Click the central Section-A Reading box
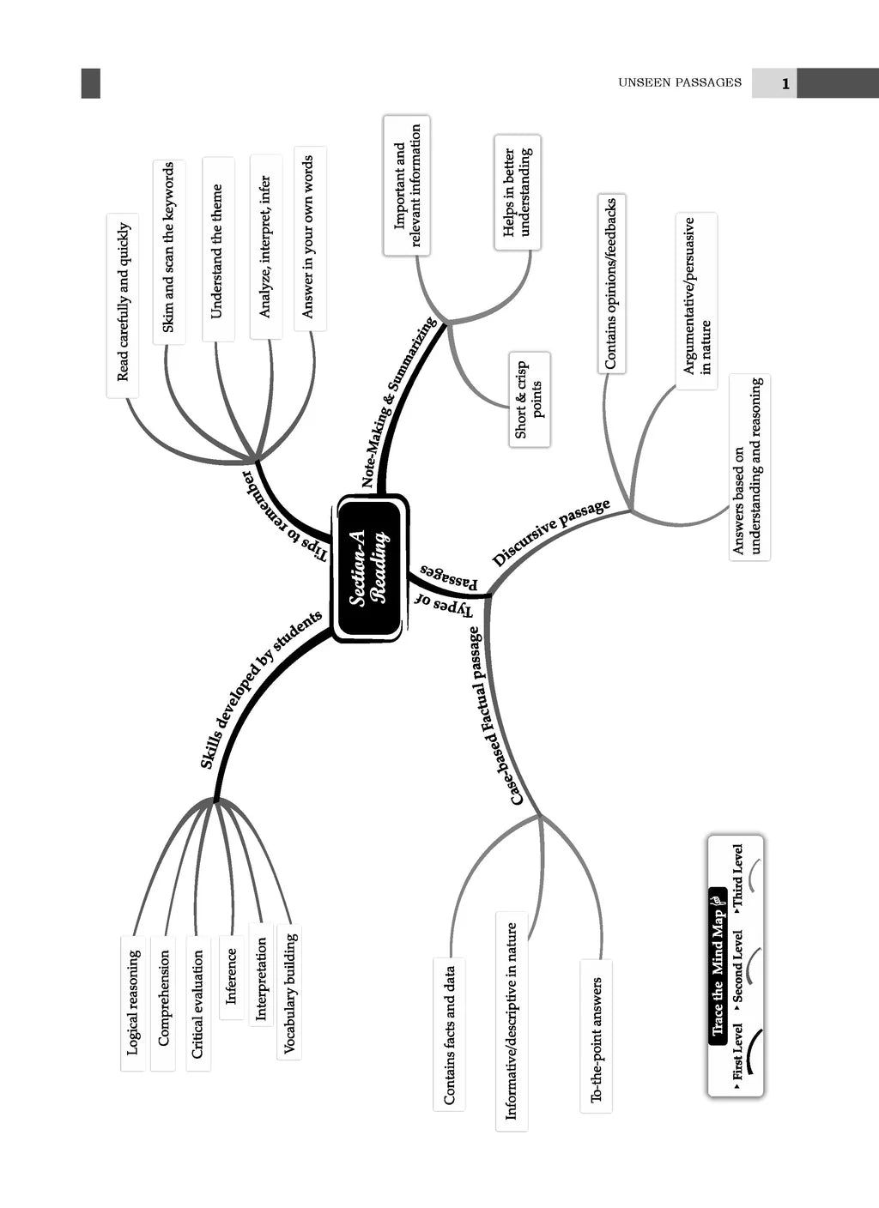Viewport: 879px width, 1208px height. pos(370,568)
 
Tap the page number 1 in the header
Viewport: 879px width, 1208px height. pos(785,84)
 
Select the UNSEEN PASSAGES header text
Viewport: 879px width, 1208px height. pos(679,83)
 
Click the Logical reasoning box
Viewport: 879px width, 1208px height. pos(133,1002)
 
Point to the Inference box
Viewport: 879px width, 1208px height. pos(231,976)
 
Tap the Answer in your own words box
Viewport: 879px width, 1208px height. pos(308,237)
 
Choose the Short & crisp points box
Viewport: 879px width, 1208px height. pos(529,399)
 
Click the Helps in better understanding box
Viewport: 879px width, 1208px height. pos(517,192)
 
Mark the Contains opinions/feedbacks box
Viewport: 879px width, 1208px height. pos(610,284)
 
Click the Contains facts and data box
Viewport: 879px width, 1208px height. pos(449,1035)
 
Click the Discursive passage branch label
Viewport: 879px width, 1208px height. pos(551,533)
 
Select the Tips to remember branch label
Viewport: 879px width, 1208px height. pos(284,516)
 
